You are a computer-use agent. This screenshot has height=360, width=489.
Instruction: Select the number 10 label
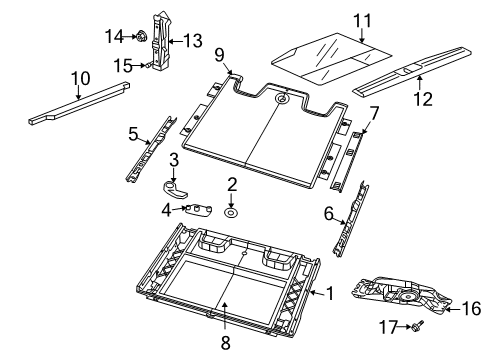pos(78,75)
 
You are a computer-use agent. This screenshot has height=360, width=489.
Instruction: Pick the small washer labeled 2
pos(231,212)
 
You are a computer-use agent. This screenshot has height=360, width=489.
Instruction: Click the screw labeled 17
pos(417,325)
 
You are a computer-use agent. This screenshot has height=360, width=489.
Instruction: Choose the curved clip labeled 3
pos(176,187)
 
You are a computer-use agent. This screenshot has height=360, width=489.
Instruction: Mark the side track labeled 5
pos(150,150)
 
